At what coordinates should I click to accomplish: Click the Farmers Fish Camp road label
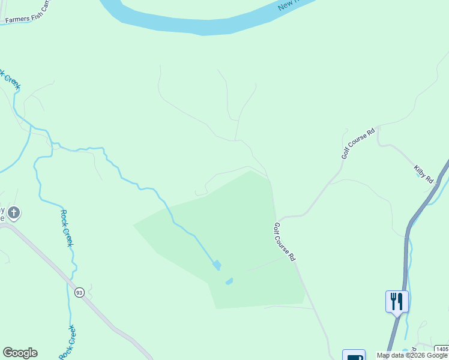click(28, 19)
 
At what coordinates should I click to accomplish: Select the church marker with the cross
click(14, 212)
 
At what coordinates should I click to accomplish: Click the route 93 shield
click(80, 292)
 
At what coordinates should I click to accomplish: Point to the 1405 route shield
click(442, 349)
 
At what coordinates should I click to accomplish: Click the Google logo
click(20, 353)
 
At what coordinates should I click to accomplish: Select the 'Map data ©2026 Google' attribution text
click(412, 355)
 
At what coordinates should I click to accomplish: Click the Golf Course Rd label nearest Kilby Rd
click(358, 143)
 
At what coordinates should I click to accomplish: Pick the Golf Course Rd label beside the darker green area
click(285, 242)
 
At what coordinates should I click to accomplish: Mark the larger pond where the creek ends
click(216, 265)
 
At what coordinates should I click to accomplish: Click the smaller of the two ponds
click(229, 281)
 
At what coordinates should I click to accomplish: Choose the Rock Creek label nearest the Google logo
click(67, 343)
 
